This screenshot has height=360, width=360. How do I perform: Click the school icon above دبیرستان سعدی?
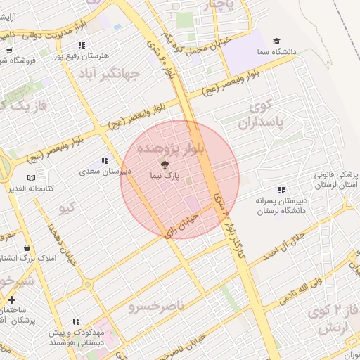(105, 161)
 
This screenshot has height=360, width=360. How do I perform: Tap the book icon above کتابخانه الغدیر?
(30, 178)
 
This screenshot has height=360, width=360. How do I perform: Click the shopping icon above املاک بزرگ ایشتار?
(27, 248)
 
